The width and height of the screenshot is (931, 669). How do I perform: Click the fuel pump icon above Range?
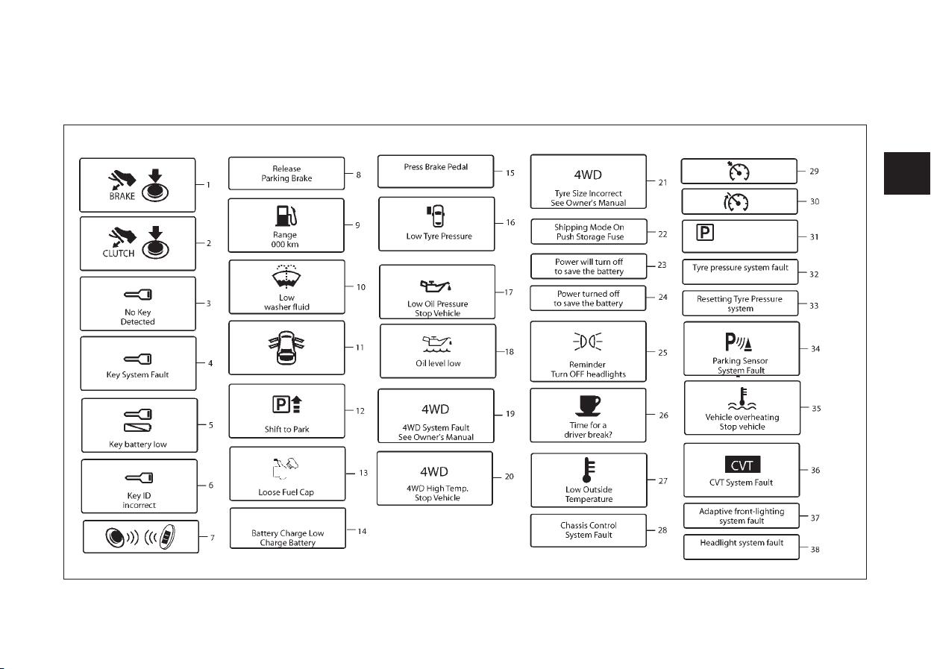click(286, 216)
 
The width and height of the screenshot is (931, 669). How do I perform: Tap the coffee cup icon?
click(588, 406)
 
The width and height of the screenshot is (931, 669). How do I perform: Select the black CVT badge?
click(742, 465)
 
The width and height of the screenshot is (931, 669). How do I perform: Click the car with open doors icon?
click(286, 348)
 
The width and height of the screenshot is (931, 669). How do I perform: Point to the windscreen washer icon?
click(286, 276)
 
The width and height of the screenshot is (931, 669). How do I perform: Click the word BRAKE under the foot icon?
click(122, 196)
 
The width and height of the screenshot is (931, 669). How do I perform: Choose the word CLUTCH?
click(119, 254)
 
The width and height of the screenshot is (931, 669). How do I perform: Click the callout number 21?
click(663, 183)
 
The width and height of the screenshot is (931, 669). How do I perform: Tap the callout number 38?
click(815, 550)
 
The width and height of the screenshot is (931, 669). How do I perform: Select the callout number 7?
click(213, 538)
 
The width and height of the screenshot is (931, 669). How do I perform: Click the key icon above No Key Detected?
click(138, 295)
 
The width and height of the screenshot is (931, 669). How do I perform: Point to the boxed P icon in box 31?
click(705, 232)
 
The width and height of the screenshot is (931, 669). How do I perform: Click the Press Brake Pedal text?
click(436, 166)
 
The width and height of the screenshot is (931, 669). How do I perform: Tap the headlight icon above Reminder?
click(588, 342)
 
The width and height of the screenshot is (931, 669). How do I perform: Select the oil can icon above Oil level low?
click(437, 344)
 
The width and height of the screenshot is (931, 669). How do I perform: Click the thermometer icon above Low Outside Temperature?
click(589, 470)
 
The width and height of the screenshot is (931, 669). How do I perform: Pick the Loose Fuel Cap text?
click(286, 492)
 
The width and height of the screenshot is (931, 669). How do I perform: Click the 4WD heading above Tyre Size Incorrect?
click(588, 175)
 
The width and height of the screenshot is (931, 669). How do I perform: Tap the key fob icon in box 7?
click(168, 537)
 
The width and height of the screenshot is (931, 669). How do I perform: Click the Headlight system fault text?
click(742, 543)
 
